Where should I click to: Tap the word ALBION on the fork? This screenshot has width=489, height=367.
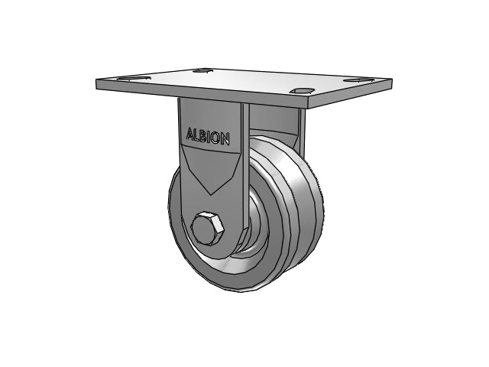click(x=208, y=136)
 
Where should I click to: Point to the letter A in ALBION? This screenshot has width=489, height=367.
click(x=190, y=133)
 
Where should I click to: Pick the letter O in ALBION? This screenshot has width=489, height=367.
click(x=215, y=138)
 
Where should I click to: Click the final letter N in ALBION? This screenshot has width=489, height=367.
click(x=226, y=139)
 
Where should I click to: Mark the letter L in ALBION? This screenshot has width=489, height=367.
click(x=196, y=135)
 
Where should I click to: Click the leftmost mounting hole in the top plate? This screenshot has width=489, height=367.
click(x=134, y=78)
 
